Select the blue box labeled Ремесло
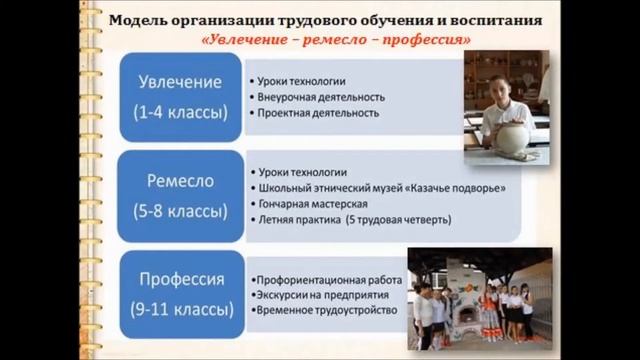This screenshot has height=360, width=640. (180, 195)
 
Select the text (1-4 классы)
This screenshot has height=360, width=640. (180, 112)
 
